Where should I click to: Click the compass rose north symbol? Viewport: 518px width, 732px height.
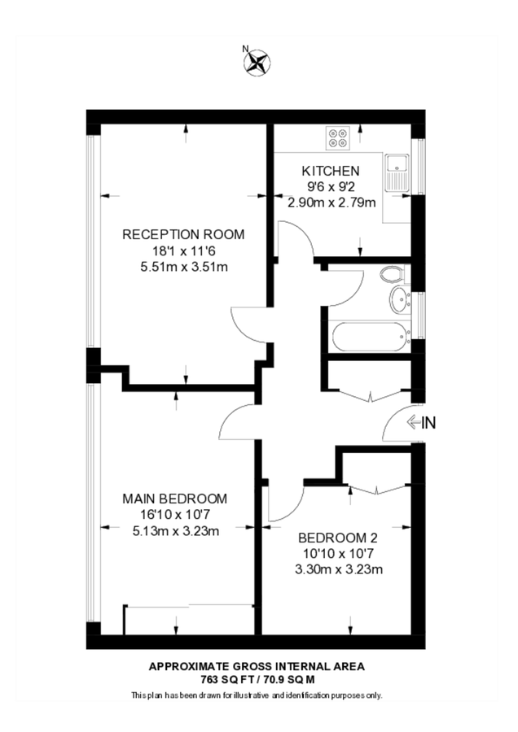pyautogui.click(x=257, y=63)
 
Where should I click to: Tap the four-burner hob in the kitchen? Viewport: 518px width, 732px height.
pyautogui.click(x=337, y=137)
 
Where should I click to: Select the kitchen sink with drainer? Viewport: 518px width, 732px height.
pyautogui.click(x=397, y=172)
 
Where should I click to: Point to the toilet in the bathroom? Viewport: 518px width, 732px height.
pyautogui.click(x=393, y=274)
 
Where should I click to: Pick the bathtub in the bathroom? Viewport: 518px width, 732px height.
pyautogui.click(x=370, y=337)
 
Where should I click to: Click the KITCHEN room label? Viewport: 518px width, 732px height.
pyautogui.click(x=331, y=171)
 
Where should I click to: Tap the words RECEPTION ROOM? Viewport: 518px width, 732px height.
pyautogui.click(x=183, y=234)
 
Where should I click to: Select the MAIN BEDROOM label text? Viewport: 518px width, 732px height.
pyautogui.click(x=175, y=499)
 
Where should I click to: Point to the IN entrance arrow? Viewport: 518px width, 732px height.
pyautogui.click(x=421, y=423)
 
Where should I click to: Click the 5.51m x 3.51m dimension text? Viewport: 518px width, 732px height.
pyautogui.click(x=184, y=268)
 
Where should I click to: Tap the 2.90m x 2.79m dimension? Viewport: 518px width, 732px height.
pyautogui.click(x=331, y=203)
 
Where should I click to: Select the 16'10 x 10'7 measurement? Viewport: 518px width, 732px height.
pyautogui.click(x=175, y=515)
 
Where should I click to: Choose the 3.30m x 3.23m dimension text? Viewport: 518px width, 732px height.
pyautogui.click(x=339, y=569)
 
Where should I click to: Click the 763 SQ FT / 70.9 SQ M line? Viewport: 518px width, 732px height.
pyautogui.click(x=257, y=680)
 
